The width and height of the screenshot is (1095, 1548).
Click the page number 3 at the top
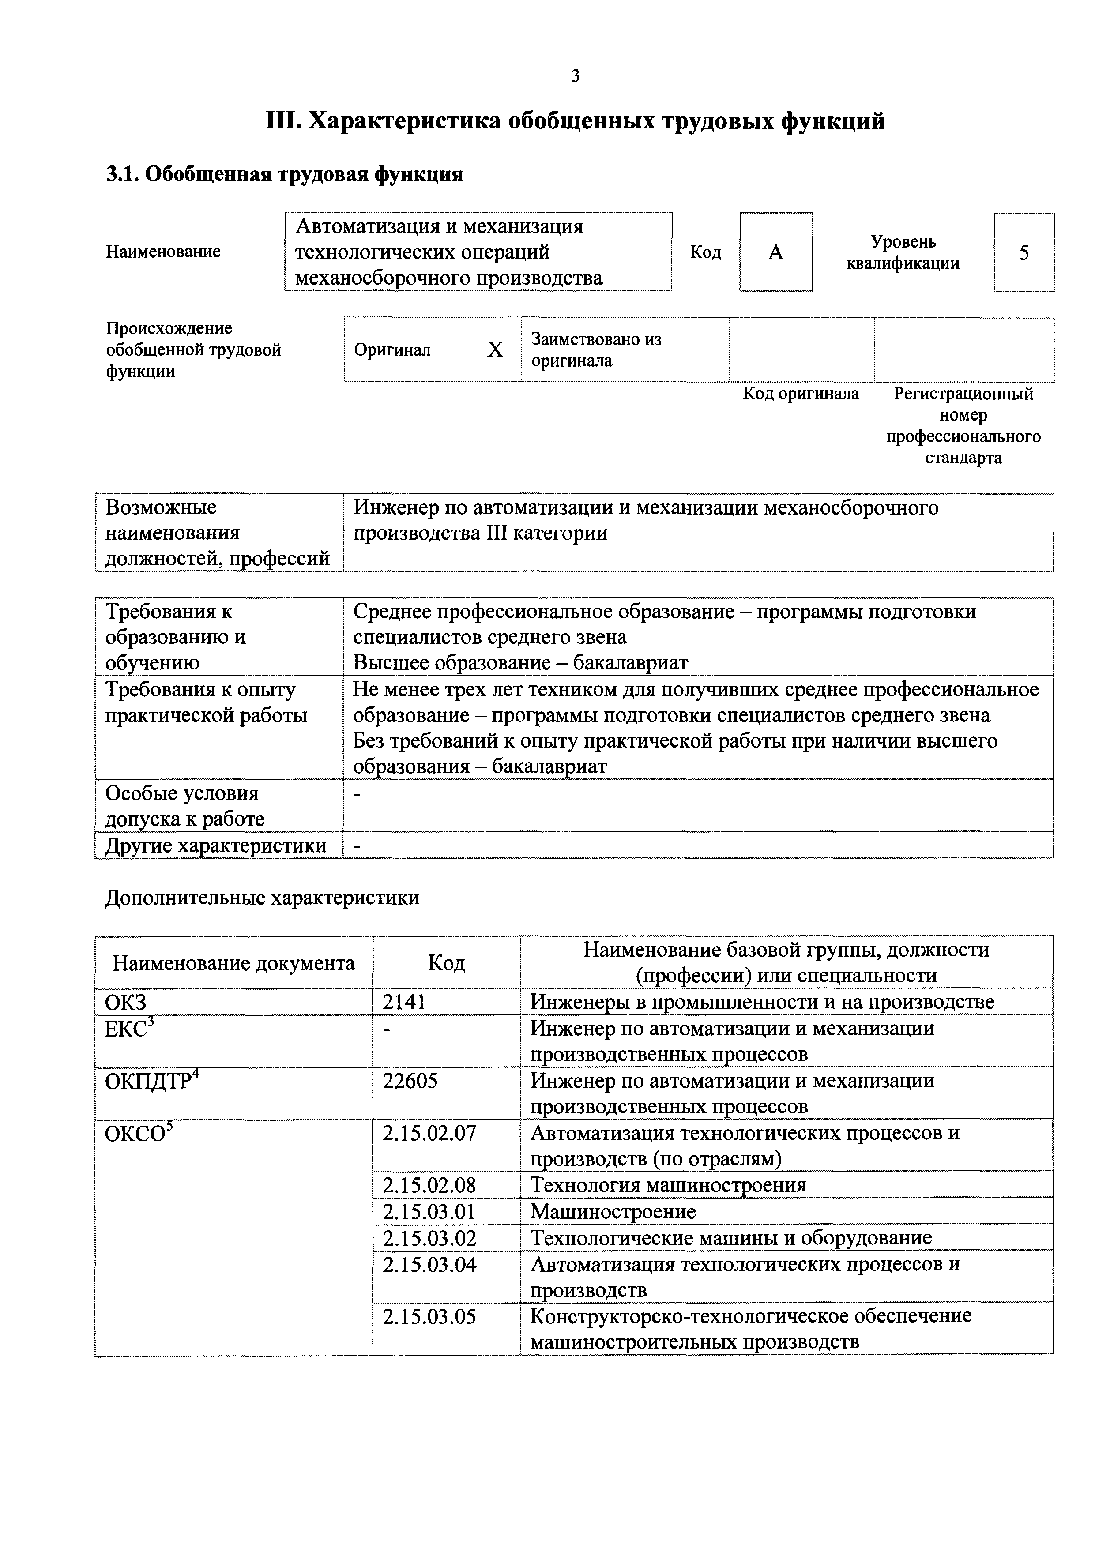tap(575, 76)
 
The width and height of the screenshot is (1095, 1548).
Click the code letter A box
tap(775, 252)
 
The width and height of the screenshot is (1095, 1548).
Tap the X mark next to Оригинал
tap(495, 349)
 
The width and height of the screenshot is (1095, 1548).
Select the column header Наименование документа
tap(233, 963)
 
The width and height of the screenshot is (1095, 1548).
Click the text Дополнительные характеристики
tap(262, 898)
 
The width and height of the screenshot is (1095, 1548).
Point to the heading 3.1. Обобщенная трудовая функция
tap(285, 175)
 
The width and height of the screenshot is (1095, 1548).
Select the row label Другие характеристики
tap(216, 845)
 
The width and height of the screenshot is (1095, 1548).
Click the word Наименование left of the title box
tap(163, 252)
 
